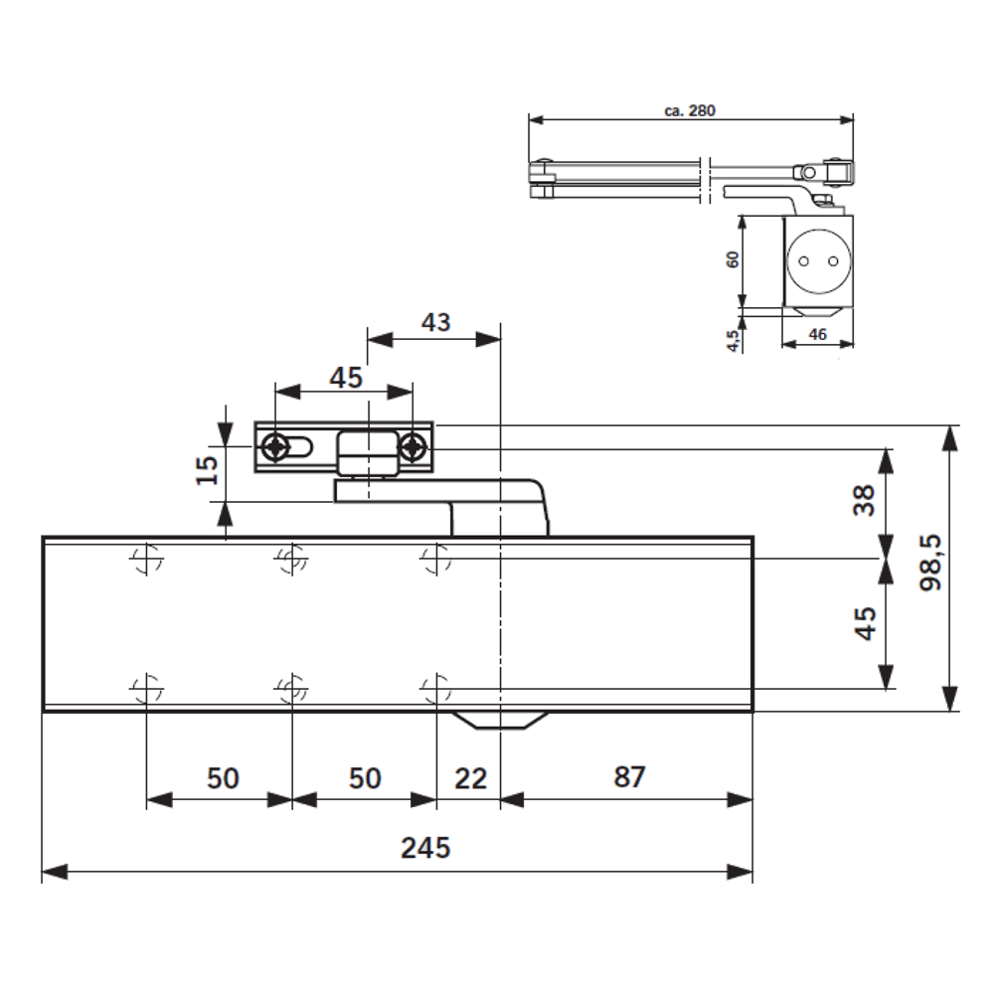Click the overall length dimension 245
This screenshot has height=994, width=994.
coord(426,848)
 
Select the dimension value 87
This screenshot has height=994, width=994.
coord(628,777)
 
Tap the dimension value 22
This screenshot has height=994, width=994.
coord(471,777)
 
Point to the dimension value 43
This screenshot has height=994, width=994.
coord(433,322)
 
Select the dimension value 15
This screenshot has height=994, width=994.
coord(206,469)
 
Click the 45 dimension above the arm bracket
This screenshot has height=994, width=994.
coord(344,378)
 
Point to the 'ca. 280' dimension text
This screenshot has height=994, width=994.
coord(690,111)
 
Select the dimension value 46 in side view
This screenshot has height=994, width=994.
coord(817,336)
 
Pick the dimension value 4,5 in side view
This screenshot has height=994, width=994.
coord(733,340)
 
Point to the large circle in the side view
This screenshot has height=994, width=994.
coord(817,261)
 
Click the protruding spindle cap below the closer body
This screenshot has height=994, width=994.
coord(500,720)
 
